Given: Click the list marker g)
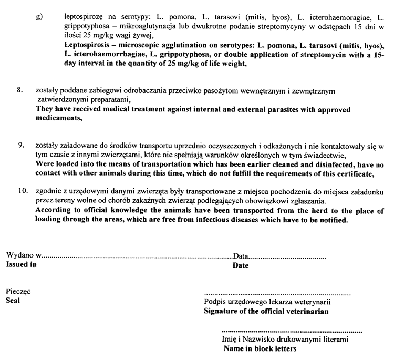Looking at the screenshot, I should point(39,18).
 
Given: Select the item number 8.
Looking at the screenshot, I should point(20,90).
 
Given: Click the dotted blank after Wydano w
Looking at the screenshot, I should point(137,257).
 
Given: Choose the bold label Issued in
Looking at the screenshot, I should point(21,265).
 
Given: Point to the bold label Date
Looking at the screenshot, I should point(241,265).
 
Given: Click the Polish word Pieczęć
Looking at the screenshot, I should point(17,292).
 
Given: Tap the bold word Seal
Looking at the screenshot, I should point(12,301).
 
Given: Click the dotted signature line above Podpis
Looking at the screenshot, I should point(277,293).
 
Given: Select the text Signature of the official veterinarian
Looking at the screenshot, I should point(266,311).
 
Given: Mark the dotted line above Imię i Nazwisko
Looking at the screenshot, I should point(293,332).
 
